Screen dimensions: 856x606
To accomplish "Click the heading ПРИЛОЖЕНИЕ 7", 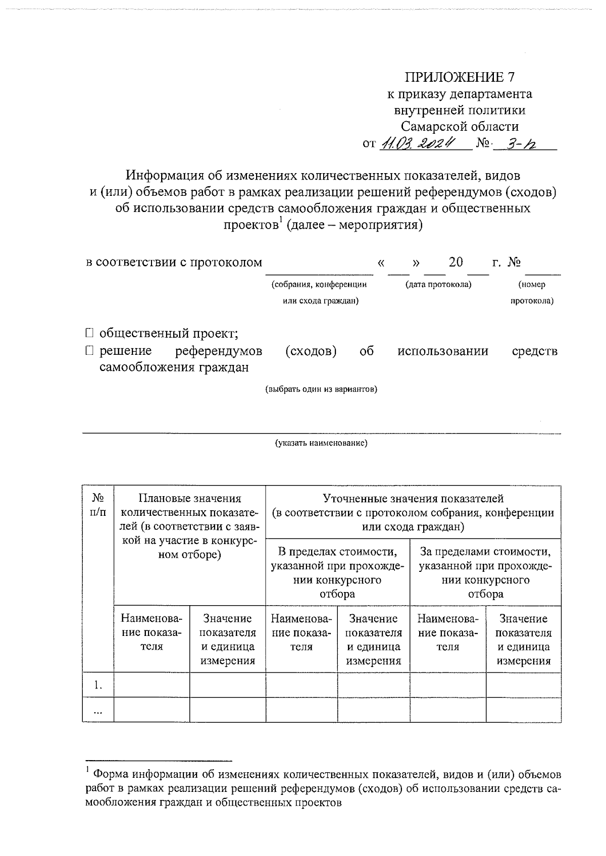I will coord(460,77).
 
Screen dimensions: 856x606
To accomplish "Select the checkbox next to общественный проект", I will coord(89,333).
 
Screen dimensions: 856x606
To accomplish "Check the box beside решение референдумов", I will coord(89,350).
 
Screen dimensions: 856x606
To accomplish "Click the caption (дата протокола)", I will coord(438,285).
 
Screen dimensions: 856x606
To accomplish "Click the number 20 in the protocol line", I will coord(456,262).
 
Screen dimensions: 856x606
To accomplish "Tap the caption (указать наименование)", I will coord(321,444).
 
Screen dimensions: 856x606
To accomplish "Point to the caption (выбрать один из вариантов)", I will coord(321,389).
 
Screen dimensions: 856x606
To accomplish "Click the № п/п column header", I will coord(98,505).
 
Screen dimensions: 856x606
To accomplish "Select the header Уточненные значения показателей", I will coord(413,499).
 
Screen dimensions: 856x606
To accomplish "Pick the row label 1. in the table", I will coord(98,685).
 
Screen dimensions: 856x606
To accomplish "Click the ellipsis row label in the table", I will coord(98,711).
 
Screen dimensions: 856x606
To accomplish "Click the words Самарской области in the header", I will coord(460,126).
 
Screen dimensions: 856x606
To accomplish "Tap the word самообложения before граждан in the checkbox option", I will coord(143,367).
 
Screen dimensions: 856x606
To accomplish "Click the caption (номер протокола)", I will coord(532,293).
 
